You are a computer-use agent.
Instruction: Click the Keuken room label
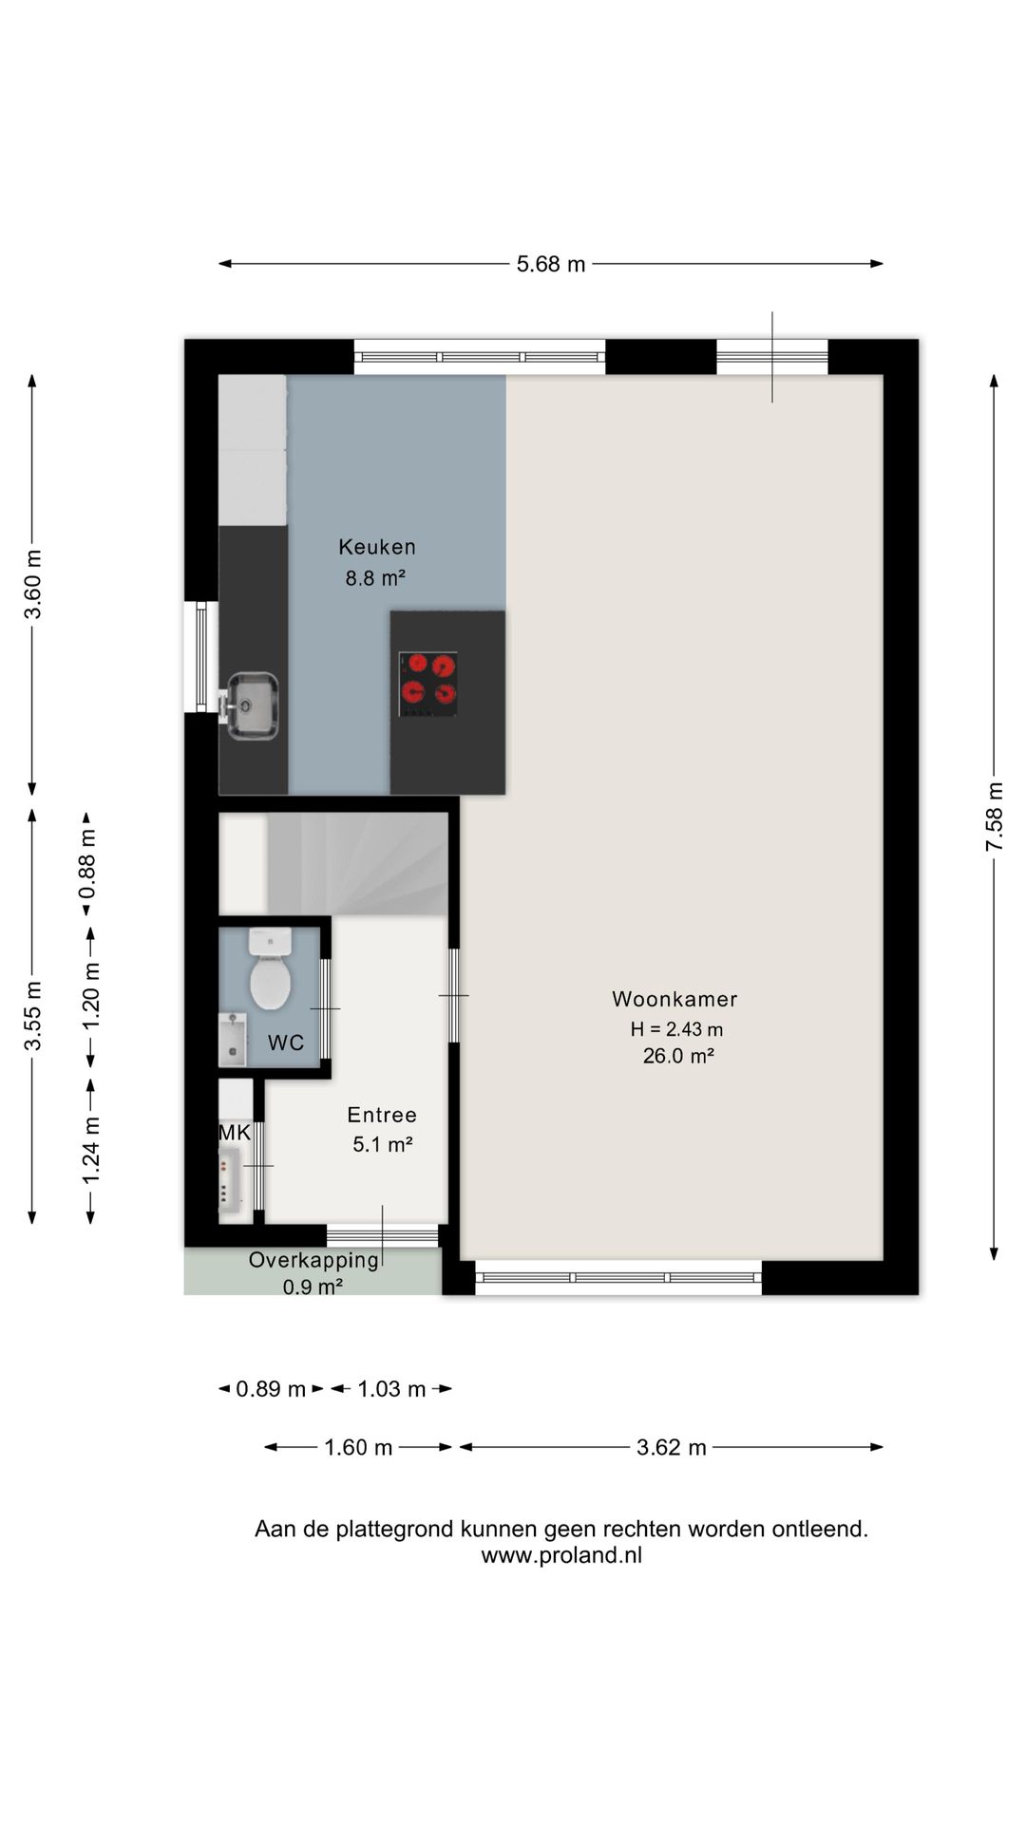point(377,547)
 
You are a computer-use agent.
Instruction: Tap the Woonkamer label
point(674,999)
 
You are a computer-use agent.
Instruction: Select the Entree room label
point(382,1115)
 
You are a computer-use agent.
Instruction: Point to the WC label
point(286,1043)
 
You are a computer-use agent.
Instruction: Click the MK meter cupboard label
point(235,1133)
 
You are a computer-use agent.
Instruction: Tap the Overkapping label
point(313,1260)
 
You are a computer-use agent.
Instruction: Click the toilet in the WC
point(270,969)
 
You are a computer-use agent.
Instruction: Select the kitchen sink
point(252,705)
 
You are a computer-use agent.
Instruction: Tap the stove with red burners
point(428,684)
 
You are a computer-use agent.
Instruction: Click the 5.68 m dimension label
point(551,264)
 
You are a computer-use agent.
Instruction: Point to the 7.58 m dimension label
point(995,817)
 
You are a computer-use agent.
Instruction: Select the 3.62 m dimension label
point(672,1447)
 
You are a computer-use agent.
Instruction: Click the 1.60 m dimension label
point(358,1447)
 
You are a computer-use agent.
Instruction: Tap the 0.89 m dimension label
point(271,1389)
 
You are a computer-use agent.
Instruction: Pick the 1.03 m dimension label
point(391,1389)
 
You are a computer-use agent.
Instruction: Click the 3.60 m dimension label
point(33,584)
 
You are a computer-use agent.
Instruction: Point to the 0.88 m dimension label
point(87,864)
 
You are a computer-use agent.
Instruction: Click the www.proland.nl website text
point(561,1555)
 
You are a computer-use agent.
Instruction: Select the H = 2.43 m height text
point(676,1029)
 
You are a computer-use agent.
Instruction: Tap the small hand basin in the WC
point(232,1039)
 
